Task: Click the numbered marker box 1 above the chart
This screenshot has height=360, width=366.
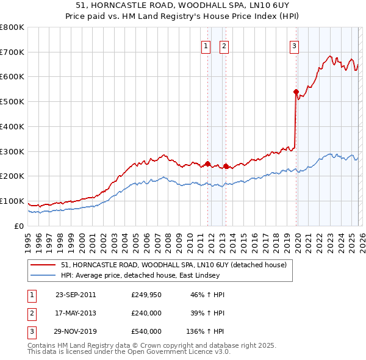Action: pyautogui.click(x=206, y=46)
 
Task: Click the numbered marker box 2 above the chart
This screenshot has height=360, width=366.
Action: pyautogui.click(x=224, y=46)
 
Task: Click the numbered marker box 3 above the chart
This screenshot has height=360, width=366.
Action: pyautogui.click(x=295, y=46)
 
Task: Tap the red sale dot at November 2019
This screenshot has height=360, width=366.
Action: pyautogui.click(x=296, y=92)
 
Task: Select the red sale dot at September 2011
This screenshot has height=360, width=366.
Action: pyautogui.click(x=208, y=164)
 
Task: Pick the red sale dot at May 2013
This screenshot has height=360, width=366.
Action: pyautogui.click(x=226, y=166)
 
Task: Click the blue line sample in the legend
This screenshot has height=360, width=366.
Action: pyautogui.click(x=44, y=275)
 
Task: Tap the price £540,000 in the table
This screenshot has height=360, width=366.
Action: pyautogui.click(x=146, y=331)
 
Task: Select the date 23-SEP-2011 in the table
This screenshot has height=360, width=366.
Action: pyautogui.click(x=76, y=295)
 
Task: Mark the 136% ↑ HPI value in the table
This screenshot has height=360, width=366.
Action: pyautogui.click(x=205, y=331)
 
